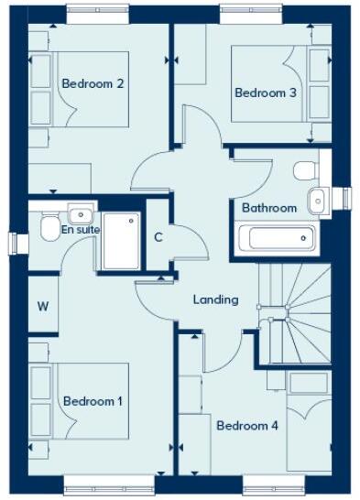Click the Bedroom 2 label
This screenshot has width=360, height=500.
pos(93,83)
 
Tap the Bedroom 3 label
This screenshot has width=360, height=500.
pos(266,92)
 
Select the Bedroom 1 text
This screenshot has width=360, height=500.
pos(93,401)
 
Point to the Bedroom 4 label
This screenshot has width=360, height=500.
pos(246,425)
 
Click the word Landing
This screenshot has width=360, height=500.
pos(216,299)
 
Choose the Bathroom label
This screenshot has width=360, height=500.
pos(269,208)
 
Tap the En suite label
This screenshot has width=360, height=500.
pos(80,229)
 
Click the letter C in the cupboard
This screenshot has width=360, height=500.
pos(158,238)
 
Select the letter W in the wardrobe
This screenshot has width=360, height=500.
pos(42,307)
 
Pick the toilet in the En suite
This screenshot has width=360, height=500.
pos(49,228)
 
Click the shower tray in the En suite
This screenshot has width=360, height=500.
pos(121,241)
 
